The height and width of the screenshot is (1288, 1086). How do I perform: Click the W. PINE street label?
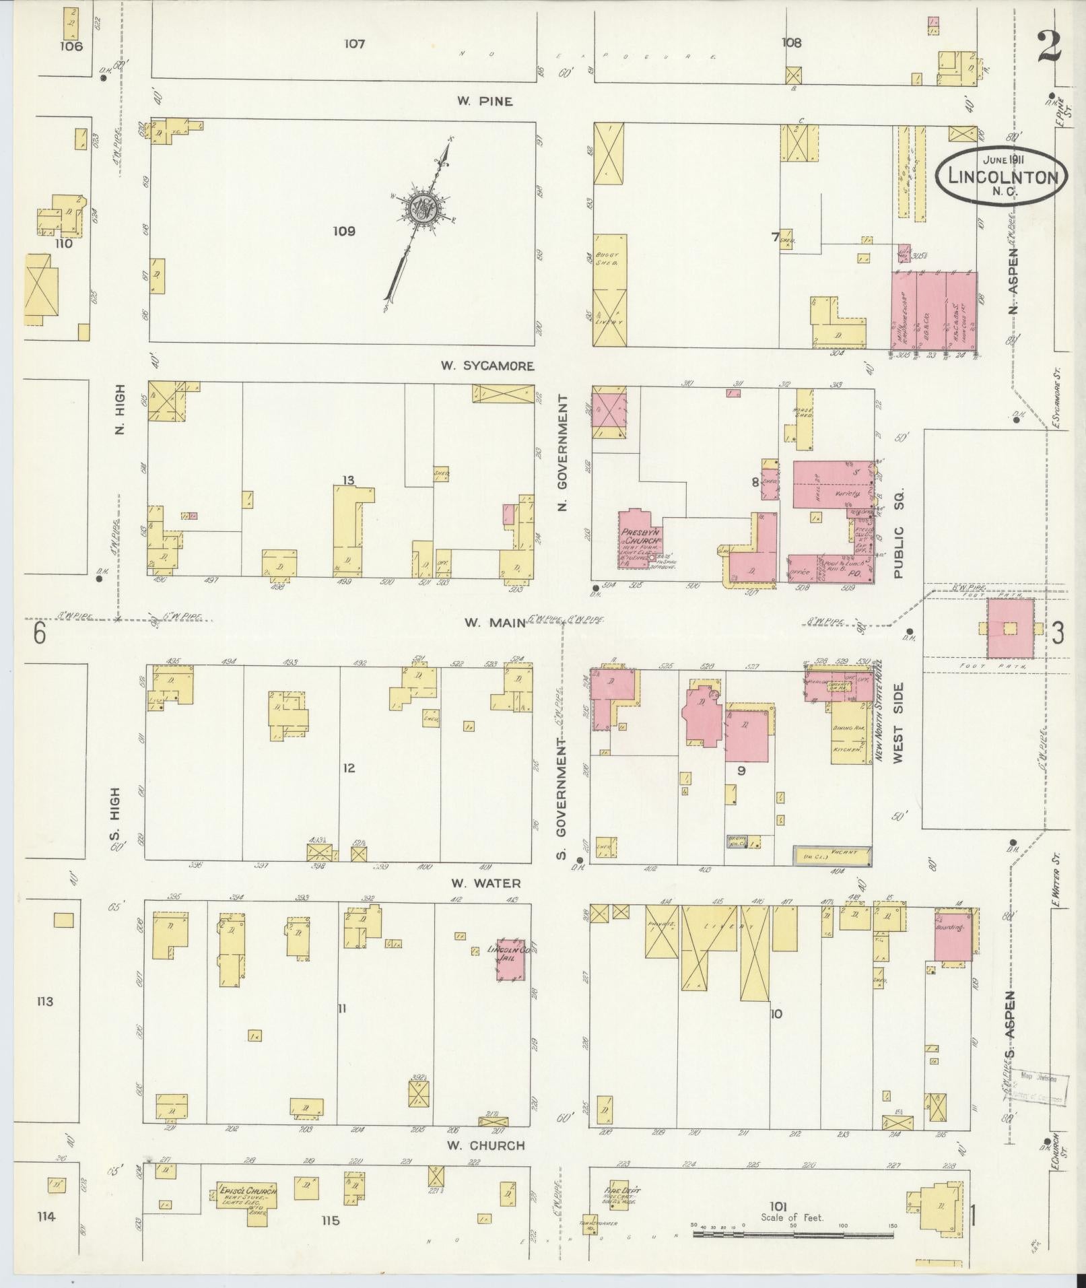coord(485,102)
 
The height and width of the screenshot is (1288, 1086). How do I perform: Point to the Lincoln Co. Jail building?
coord(510,959)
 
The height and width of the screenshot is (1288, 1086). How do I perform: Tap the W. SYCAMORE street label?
coord(487,366)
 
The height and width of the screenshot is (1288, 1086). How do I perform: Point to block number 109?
coord(343,232)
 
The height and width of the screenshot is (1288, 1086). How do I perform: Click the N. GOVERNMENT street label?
coord(564,452)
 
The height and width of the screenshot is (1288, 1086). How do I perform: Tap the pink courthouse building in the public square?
coord(1009,628)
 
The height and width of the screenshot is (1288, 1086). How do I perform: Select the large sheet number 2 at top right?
coord(1051,47)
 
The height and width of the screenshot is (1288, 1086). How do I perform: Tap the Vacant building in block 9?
coord(832,855)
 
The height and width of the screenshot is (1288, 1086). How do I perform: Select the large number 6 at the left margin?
coord(39,634)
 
